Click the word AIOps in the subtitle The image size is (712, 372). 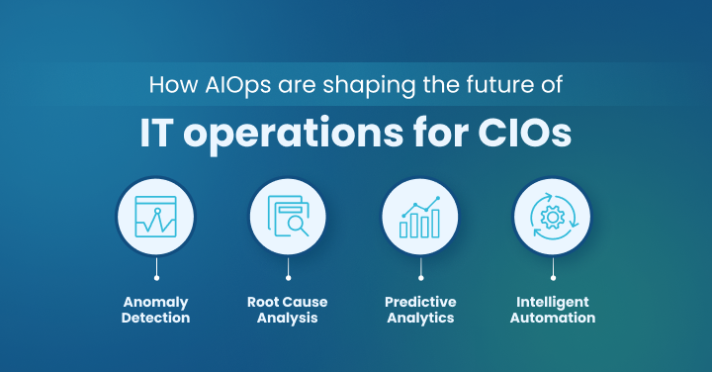click(x=228, y=85)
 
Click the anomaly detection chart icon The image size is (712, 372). click(x=156, y=217)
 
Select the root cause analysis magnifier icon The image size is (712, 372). click(x=288, y=217)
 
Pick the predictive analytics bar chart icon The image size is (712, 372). click(x=420, y=217)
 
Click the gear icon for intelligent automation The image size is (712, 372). click(x=552, y=217)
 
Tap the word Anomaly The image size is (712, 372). click(x=156, y=302)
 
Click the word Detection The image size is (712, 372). click(x=156, y=319)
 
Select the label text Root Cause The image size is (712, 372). click(x=288, y=302)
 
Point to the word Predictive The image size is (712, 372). click(x=420, y=302)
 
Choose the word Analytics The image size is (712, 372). click(x=420, y=319)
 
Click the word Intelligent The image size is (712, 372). click(x=552, y=302)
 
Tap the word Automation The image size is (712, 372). click(x=552, y=319)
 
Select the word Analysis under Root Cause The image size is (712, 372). click(x=288, y=319)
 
